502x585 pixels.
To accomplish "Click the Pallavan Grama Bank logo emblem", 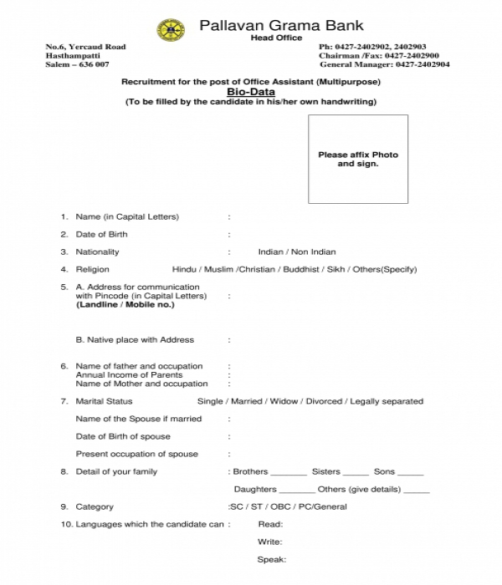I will coord(171,31).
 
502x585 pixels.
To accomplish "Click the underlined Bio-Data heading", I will coord(250,91).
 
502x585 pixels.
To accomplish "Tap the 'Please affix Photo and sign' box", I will coord(358,159).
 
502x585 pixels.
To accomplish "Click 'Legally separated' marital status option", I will coord(387,401).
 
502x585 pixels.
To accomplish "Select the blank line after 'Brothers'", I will coord(289,473).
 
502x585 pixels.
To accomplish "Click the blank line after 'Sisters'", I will coord(356,473).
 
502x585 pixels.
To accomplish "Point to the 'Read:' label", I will coord(270,524).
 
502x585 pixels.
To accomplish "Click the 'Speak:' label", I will coord(272,559).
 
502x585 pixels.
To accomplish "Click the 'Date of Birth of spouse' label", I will coord(123,436).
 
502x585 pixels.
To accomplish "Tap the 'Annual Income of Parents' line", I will coord(130,374).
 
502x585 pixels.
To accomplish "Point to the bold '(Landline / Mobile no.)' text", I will coord(125,304).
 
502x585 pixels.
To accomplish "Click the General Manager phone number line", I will coord(385,64).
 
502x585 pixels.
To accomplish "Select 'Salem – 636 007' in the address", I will coord(77,64).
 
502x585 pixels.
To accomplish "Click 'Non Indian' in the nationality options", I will coord(313,252).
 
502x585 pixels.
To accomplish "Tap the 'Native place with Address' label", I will coord(135,340).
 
